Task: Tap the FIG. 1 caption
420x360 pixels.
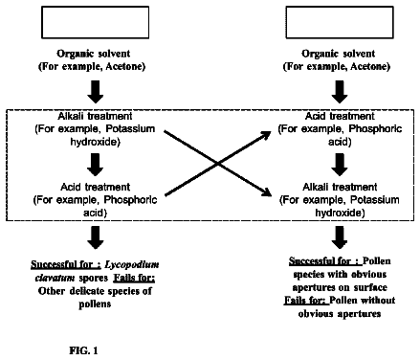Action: [83, 350]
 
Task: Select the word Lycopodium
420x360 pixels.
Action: [132, 264]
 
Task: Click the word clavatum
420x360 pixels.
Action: [55, 278]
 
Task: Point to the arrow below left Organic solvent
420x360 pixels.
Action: [96, 92]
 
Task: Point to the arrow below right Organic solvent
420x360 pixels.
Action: [340, 92]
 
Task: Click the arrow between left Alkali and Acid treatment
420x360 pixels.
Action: [96, 165]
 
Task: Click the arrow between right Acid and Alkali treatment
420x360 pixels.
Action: [340, 165]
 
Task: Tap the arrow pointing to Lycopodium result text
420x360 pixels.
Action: [96, 237]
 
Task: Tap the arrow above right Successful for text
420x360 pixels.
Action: [340, 237]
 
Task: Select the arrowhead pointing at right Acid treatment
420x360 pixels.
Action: [266, 135]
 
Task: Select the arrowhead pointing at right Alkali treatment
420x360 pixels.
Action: [266, 192]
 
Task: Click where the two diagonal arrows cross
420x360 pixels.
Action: [217, 164]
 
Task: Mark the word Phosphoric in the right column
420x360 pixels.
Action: [375, 129]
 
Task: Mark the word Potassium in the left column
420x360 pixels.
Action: [130, 129]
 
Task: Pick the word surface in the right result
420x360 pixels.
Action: [370, 287]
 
